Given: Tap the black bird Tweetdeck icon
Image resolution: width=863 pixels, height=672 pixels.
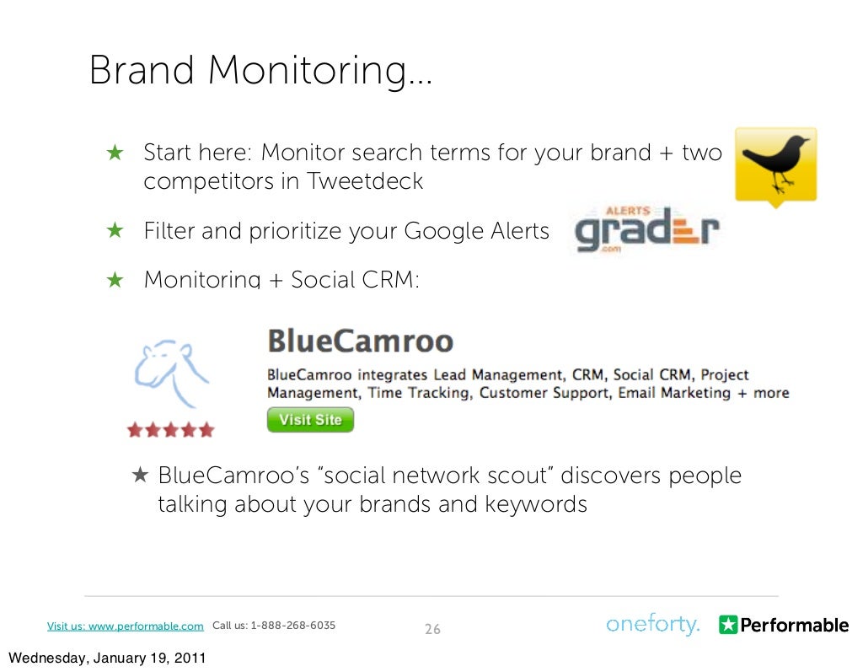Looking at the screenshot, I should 775,165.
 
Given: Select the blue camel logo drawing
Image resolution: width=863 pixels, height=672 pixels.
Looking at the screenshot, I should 172,372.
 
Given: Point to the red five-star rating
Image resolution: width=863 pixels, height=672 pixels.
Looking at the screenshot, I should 170,430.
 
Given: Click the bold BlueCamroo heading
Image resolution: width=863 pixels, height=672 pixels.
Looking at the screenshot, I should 360,341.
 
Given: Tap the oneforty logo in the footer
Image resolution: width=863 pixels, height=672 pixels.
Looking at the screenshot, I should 652,625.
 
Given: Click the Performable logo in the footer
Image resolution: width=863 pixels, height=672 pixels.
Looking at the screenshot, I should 783,625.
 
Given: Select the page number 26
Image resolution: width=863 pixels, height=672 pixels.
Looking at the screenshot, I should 432,629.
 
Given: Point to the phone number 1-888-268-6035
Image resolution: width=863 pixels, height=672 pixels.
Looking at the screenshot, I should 292,626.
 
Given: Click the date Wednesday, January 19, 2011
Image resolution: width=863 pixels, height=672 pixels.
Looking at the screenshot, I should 105,658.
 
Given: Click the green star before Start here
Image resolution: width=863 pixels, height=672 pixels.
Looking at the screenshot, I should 115,153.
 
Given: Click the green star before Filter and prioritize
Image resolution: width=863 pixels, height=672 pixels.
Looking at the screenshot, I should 115,231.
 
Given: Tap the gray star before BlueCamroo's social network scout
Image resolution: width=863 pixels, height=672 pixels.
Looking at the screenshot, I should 140,476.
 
